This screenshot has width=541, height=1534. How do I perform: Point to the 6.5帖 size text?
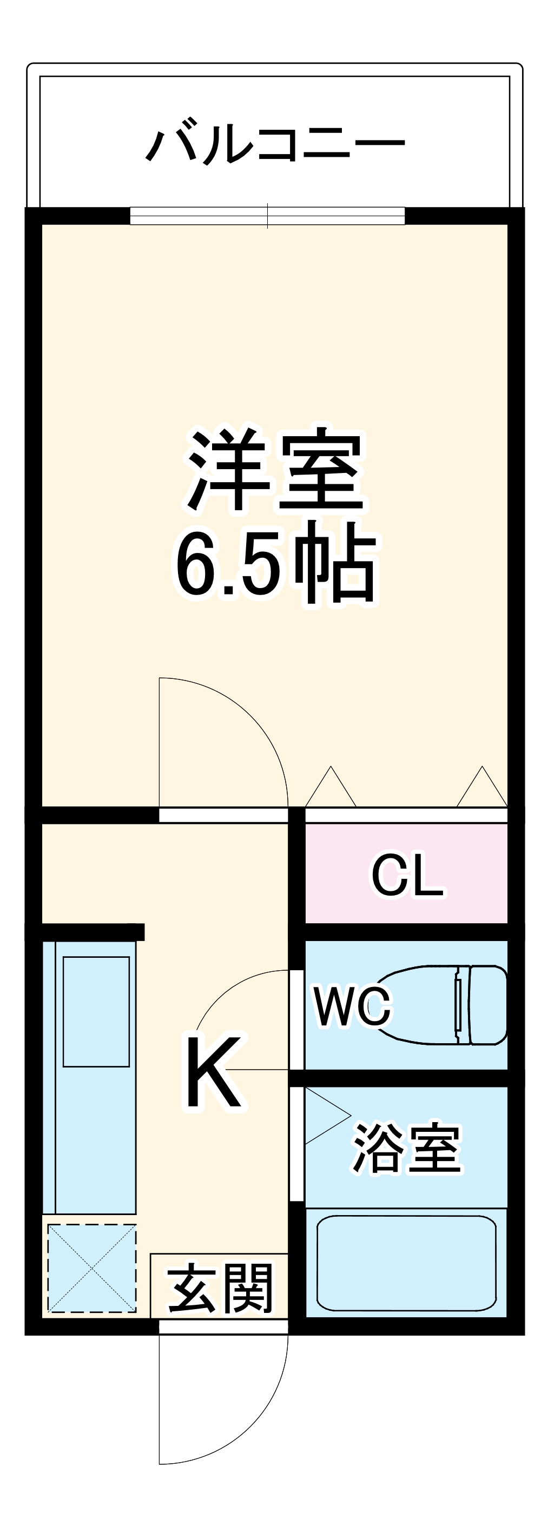coord(275,562)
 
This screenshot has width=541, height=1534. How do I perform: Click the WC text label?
coord(353,1008)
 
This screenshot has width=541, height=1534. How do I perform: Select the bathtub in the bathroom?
coord(406,1263)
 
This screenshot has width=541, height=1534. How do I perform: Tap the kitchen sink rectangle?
coord(96,1012)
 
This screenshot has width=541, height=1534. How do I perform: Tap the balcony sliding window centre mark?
coord(267,216)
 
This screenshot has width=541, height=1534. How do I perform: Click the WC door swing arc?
coord(227,989)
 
